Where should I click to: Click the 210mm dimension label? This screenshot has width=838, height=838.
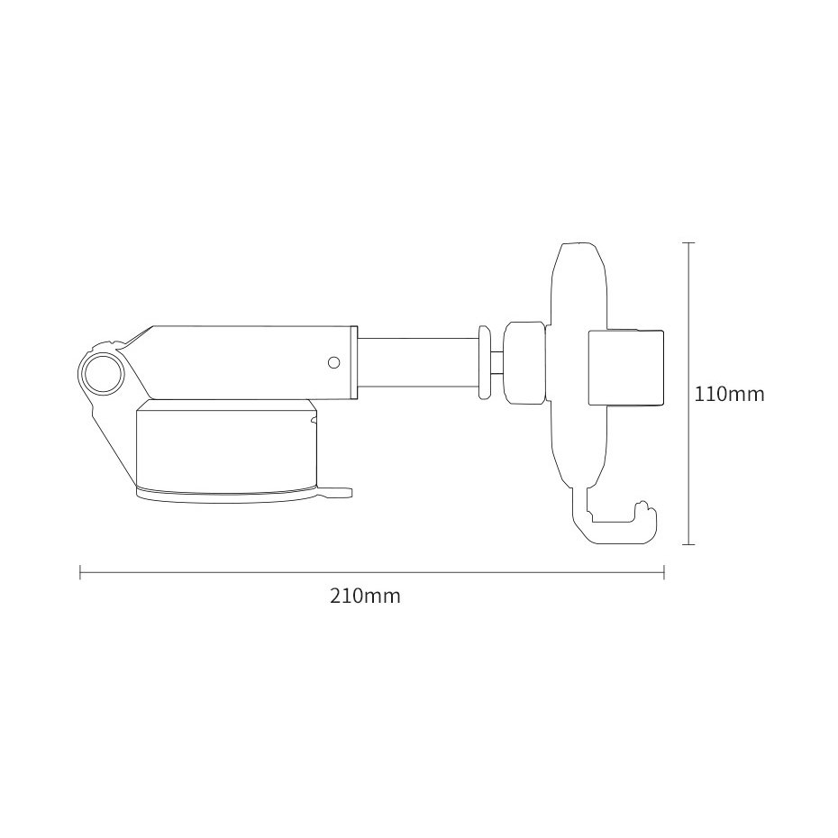pyautogui.click(x=365, y=597)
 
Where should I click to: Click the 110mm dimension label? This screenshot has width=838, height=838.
pyautogui.click(x=729, y=394)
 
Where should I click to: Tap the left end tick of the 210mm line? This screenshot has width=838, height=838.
pyautogui.click(x=81, y=572)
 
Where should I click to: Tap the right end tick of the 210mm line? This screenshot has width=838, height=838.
pyautogui.click(x=664, y=572)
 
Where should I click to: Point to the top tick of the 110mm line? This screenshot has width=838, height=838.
pyautogui.click(x=688, y=242)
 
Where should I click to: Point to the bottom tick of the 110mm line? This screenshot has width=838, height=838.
pyautogui.click(x=688, y=544)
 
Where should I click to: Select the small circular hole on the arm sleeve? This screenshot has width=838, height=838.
pyautogui.click(x=333, y=362)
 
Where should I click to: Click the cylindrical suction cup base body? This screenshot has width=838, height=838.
pyautogui.click(x=225, y=446)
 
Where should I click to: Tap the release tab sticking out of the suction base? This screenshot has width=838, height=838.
pyautogui.click(x=338, y=492)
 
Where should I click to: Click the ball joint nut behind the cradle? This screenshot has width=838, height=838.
pyautogui.click(x=524, y=361)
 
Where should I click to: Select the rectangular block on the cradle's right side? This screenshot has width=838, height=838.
pyautogui.click(x=627, y=367)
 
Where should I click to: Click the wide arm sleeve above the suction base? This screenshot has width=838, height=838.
pyautogui.click(x=252, y=360)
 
